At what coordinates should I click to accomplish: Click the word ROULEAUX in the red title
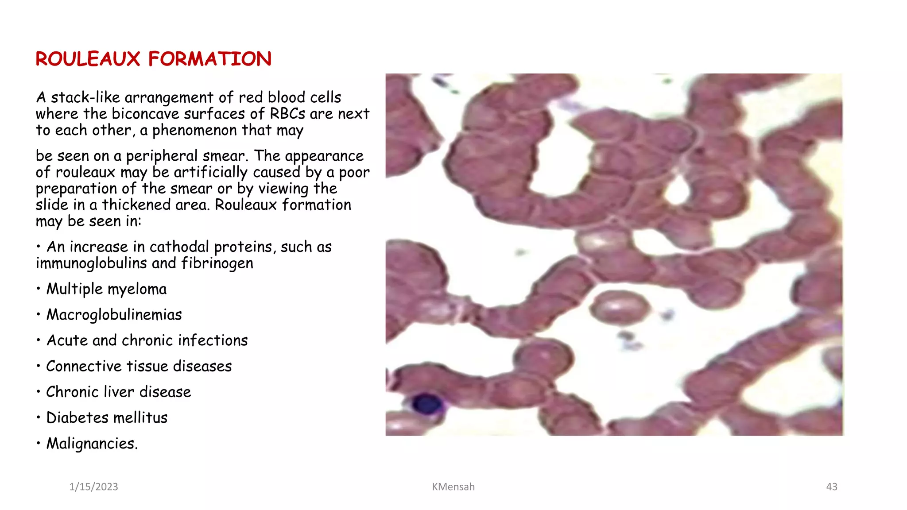88,59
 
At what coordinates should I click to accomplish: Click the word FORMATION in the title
209,59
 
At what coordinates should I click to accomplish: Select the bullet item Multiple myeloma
106,289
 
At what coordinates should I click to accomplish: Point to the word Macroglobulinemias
114,315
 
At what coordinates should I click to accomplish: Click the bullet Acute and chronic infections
147,340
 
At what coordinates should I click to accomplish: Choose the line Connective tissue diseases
139,366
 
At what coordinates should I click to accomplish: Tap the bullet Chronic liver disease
118,392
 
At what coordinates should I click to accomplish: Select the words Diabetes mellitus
107,417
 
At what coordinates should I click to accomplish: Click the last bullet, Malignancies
92,443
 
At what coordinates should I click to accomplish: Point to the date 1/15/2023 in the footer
93,487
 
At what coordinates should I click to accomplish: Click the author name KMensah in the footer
453,487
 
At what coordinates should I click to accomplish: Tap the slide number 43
831,487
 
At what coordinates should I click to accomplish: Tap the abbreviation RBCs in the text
287,114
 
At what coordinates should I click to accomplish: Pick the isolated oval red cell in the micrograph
619,307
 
